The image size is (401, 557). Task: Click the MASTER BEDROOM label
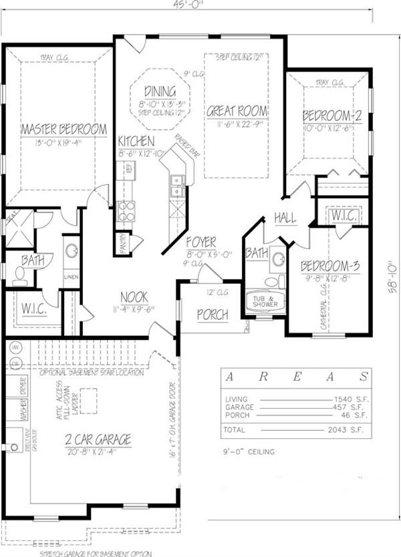(64, 129)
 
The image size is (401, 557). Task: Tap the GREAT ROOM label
(237, 111)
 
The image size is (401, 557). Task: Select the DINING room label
(159, 91)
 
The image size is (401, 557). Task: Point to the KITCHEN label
(136, 142)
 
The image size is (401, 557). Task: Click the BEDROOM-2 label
(332, 115)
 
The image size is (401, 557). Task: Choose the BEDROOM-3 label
(329, 265)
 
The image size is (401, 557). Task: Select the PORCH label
(213, 315)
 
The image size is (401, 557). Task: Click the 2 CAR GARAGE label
(98, 439)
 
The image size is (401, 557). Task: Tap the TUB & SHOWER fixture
(265, 301)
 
